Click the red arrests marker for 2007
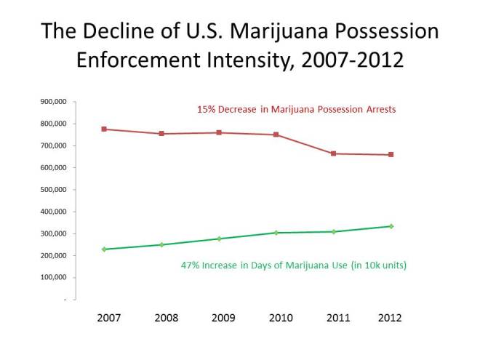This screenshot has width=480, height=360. tap(105, 129)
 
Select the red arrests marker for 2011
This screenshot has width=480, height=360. tap(334, 153)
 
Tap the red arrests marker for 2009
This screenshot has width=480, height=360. tap(219, 132)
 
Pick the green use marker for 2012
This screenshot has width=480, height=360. tap(391, 226)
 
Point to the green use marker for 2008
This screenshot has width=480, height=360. tap(161, 244)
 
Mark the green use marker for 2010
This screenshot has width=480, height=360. tap(276, 233)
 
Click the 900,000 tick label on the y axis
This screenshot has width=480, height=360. tap(54, 102)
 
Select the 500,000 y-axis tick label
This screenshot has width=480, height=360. tap(54, 190)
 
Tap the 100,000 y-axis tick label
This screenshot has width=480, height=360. tap(54, 278)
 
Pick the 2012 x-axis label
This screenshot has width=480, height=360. tap(391, 318)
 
